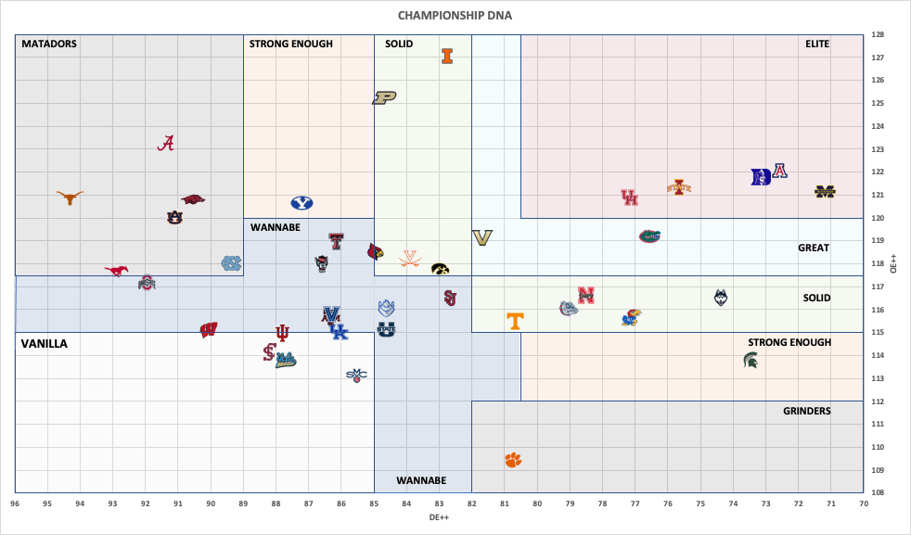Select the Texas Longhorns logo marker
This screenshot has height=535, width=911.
point(70,197)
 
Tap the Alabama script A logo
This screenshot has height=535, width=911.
point(166,143)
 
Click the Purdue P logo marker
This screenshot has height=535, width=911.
point(384,97)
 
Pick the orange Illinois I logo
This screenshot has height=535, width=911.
point(447,56)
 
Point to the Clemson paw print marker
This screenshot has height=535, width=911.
point(513,460)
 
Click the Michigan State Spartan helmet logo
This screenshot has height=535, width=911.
point(751,360)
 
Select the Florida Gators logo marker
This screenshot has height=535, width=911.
point(649,236)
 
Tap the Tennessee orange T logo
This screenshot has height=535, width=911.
point(515,321)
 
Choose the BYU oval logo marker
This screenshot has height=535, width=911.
point(302,203)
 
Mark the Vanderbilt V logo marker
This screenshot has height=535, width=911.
point(481,238)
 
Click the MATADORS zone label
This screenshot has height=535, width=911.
point(49,44)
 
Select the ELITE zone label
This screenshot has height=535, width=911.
point(817,44)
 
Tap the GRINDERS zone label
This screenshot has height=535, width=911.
point(806,411)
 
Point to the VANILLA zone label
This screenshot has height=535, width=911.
point(45,344)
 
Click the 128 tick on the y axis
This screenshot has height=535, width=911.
point(877,35)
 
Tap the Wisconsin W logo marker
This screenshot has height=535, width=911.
point(209,329)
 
